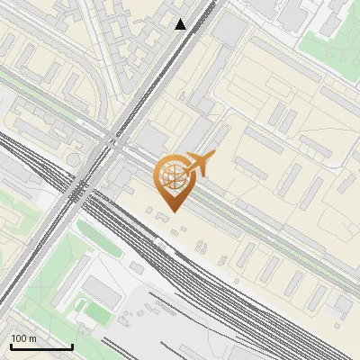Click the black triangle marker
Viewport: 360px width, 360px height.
[181, 24]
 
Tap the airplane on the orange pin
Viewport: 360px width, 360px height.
[200, 165]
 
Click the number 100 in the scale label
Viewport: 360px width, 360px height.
[19, 338]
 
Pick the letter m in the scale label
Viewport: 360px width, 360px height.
[33, 338]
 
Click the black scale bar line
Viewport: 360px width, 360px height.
[41, 346]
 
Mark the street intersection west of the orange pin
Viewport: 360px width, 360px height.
[111, 142]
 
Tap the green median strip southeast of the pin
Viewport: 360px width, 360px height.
[261, 225]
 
